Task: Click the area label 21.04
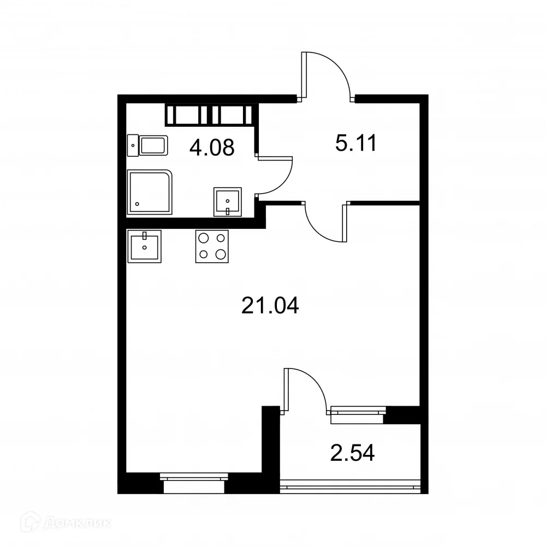(270, 306)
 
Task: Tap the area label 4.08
(212, 147)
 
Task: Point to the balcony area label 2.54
(353, 453)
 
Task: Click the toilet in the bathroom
(149, 146)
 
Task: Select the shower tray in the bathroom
(150, 192)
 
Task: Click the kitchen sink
(145, 246)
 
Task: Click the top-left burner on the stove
(204, 238)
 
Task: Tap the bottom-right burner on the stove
(221, 254)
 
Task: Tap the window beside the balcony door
(358, 414)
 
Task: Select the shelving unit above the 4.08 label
(209, 115)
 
